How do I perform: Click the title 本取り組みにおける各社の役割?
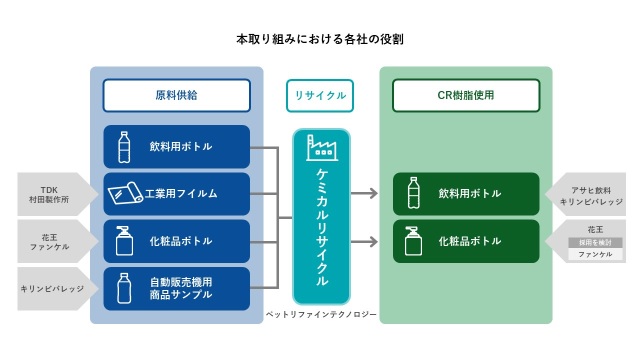tap(320, 40)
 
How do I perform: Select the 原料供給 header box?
tap(177, 95)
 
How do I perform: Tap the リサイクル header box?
tap(321, 95)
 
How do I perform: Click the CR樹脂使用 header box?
tap(465, 95)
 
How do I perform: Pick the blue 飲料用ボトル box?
tap(177, 147)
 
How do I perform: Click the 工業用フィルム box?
tap(177, 193)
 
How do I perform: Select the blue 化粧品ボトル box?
tap(177, 241)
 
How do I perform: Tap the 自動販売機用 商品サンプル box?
tap(177, 288)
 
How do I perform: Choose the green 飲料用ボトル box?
tap(465, 193)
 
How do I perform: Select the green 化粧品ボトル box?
tap(465, 241)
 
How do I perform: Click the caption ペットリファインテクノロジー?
tap(321, 315)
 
